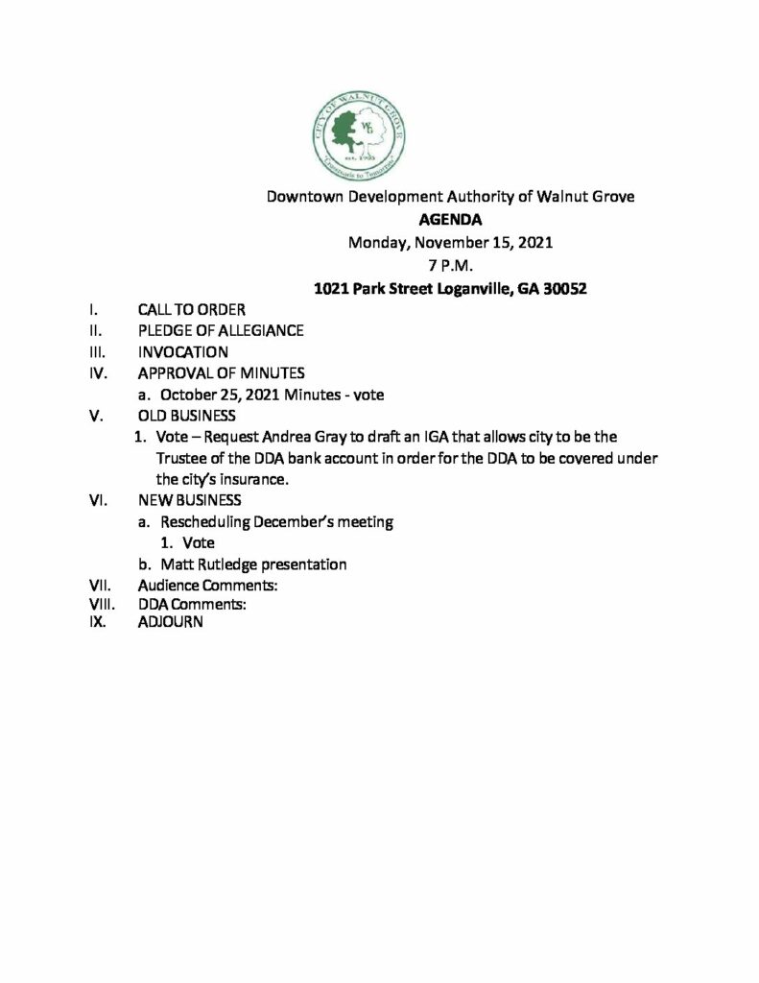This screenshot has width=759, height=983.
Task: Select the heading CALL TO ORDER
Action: (x=192, y=309)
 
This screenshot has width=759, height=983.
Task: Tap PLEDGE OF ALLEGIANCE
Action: (x=221, y=331)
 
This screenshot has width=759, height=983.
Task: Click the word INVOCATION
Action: (x=183, y=352)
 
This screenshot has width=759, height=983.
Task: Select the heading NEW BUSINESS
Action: (x=190, y=501)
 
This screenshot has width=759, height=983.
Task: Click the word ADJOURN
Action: (x=170, y=622)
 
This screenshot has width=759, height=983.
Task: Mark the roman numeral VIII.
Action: (x=100, y=604)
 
